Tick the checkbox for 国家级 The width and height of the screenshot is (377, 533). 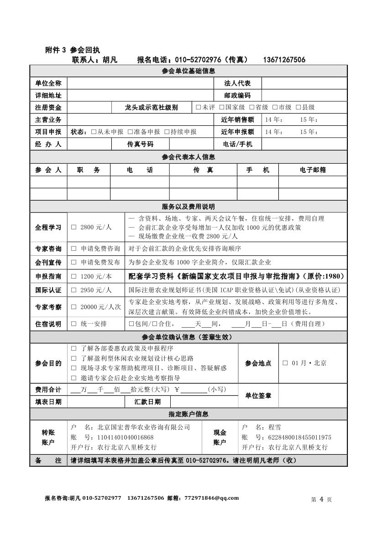click(x=221, y=107)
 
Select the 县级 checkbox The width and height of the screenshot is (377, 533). click(x=298, y=107)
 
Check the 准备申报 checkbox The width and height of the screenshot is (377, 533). click(x=130, y=132)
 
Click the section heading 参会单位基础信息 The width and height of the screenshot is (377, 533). click(x=188, y=71)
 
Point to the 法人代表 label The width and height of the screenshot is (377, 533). click(x=237, y=83)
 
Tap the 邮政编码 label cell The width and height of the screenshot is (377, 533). click(x=237, y=95)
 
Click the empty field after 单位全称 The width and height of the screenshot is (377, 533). click(x=140, y=83)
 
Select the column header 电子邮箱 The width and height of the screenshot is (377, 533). click(x=313, y=170)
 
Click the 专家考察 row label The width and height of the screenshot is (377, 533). click(x=48, y=307)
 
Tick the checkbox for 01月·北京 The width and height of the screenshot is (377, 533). click(x=285, y=363)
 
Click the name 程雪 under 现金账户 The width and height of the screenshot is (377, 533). click(x=275, y=427)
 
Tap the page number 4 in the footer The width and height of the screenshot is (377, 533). click(x=321, y=499)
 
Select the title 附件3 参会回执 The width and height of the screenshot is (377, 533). click(x=73, y=50)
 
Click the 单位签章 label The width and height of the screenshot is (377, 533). click(x=258, y=396)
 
